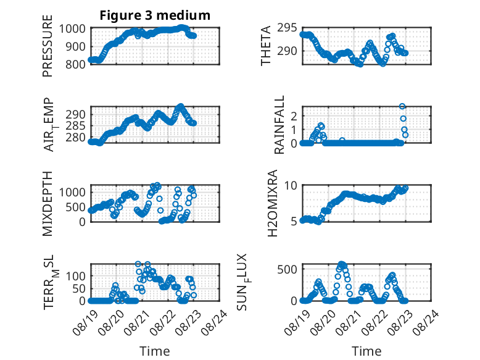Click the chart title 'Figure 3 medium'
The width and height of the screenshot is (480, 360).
point(155,15)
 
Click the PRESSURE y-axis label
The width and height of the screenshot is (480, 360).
point(48,46)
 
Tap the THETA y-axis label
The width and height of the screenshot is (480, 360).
point(266,46)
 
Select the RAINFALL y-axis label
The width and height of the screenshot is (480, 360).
point(279,125)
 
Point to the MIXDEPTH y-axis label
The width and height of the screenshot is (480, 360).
point(48,204)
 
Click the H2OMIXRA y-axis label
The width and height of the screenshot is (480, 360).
point(272,203)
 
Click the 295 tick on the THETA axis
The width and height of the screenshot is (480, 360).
point(287,28)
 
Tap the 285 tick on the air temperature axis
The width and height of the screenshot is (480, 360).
point(75,126)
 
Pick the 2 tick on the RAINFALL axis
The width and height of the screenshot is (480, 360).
point(294,116)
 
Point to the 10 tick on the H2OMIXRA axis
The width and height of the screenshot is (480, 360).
point(291,185)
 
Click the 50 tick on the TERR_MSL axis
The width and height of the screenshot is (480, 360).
point(79,288)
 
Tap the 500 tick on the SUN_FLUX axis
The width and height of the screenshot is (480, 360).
point(287,270)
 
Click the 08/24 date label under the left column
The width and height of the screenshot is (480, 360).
point(215,322)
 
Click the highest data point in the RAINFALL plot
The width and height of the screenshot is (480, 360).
point(402,106)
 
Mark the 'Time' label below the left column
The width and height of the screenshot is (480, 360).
point(155,351)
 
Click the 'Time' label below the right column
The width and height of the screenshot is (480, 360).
point(366,351)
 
